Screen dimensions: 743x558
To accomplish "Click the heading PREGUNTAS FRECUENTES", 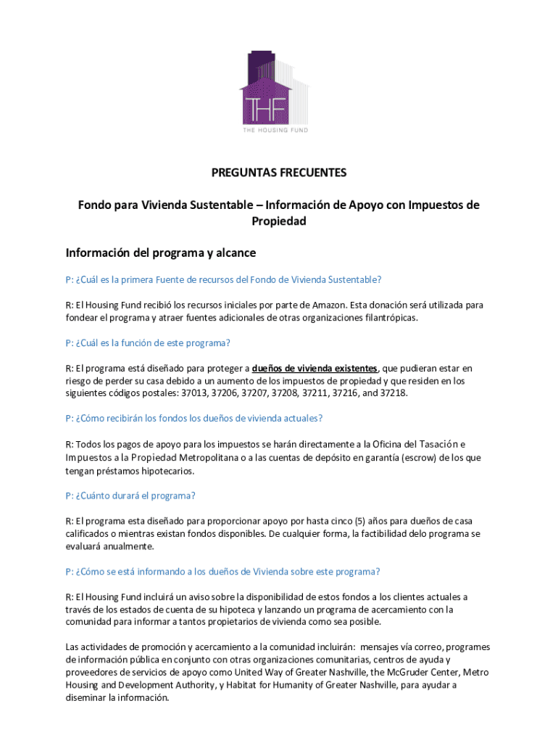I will click(279, 173).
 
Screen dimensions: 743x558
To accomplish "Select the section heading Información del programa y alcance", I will click(160, 253).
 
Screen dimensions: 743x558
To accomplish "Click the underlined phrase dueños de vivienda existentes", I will click(315, 368).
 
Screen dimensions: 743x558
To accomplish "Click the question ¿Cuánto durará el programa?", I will click(130, 496).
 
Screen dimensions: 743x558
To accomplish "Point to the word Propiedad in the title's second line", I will click(279, 221).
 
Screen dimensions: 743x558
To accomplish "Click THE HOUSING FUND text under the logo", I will click(275, 130).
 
